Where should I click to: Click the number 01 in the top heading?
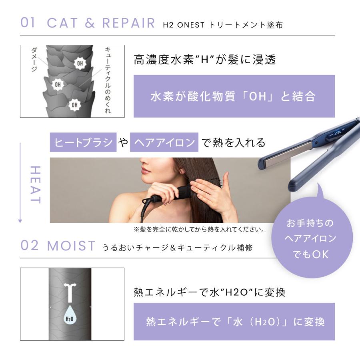coord(28,23)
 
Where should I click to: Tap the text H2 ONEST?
coord(184,25)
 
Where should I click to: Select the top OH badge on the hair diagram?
coord(80,63)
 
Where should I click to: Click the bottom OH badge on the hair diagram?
coord(74,105)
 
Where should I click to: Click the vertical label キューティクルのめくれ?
coord(107,80)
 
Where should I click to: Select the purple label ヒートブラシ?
coord(83,142)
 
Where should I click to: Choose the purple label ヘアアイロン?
coord(164,142)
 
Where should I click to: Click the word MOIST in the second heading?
coord(71,246)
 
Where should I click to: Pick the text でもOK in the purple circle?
coord(310,254)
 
